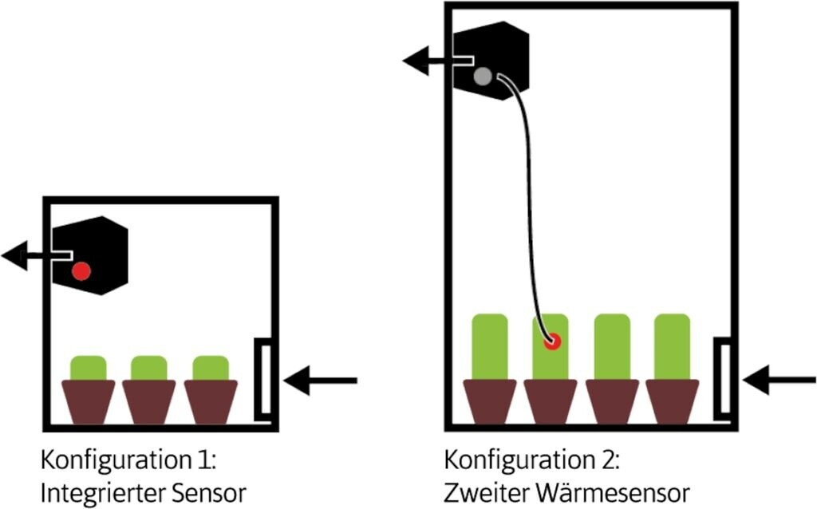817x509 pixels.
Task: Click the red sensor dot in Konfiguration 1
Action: (x=81, y=271)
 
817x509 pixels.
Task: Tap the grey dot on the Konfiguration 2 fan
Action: (x=482, y=77)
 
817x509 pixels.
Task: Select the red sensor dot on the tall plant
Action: (x=551, y=341)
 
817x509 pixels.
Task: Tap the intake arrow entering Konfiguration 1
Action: (x=319, y=381)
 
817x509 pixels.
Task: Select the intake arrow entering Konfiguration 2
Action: (x=778, y=380)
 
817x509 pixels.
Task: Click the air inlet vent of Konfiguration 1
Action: (x=263, y=379)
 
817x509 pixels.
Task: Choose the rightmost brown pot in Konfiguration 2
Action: (x=672, y=400)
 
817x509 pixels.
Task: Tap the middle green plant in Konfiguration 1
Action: (x=148, y=368)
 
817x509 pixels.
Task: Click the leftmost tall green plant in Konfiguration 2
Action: (x=490, y=345)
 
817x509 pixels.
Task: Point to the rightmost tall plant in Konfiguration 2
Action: (x=672, y=345)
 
